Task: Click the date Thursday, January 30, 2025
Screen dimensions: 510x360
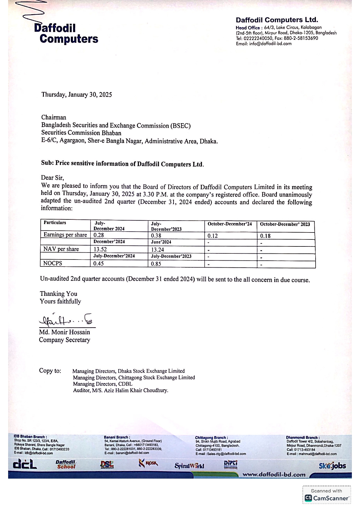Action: pyautogui.click(x=77, y=95)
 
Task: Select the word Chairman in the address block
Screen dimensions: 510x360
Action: pyautogui.click(x=54, y=117)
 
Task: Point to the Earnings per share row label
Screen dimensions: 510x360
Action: pyautogui.click(x=65, y=235)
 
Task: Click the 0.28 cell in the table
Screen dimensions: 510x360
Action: pyautogui.click(x=99, y=235)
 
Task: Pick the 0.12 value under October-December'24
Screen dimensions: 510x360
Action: pyautogui.click(x=213, y=236)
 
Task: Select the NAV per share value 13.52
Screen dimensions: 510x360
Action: pyautogui.click(x=100, y=249)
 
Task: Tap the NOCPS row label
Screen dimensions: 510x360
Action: pyautogui.click(x=53, y=263)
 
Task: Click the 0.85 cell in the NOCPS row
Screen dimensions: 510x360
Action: pyautogui.click(x=156, y=264)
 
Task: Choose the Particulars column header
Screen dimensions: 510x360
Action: pyautogui.click(x=55, y=223)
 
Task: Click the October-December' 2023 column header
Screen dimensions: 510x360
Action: pyautogui.click(x=285, y=224)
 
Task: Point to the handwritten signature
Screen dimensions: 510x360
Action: pyautogui.click(x=65, y=320)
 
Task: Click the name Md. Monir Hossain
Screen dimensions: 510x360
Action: pyautogui.click(x=64, y=332)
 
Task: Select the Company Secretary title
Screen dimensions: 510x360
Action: pyautogui.click(x=64, y=340)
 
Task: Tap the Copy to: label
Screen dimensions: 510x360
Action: pyautogui.click(x=50, y=371)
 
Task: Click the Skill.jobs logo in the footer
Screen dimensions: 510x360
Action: pyautogui.click(x=332, y=466)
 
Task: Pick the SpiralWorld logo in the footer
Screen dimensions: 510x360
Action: pyautogui.click(x=189, y=466)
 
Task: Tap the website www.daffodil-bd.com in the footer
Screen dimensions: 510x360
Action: pyautogui.click(x=274, y=475)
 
